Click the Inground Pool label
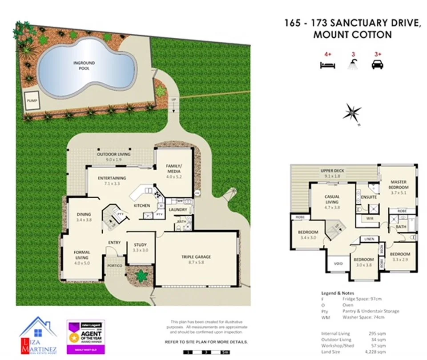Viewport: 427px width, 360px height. tap(84, 65)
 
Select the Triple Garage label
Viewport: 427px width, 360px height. tap(196, 256)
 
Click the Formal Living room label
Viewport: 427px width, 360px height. tap(82, 255)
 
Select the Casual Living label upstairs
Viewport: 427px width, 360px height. tap(332, 199)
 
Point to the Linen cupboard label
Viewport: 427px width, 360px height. tap(369, 240)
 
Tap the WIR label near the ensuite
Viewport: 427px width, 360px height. tap(369, 219)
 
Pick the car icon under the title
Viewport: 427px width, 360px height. tap(377, 64)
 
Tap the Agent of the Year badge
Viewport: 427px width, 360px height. tap(85, 336)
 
